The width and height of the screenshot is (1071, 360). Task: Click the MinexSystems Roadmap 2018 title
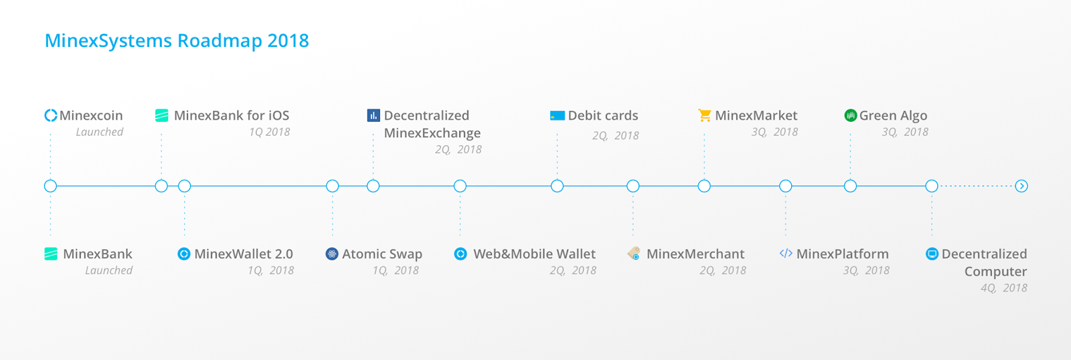[177, 41]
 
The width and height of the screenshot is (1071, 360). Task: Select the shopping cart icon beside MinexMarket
[704, 115]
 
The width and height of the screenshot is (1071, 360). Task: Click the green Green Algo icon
[851, 115]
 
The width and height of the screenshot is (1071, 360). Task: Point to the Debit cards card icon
[558, 116]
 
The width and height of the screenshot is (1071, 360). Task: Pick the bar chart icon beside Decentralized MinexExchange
[374, 115]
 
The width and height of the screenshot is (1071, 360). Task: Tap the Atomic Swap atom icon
[332, 254]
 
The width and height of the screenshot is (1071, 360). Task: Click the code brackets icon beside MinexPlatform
[786, 254]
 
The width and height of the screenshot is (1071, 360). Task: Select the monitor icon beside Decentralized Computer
[932, 254]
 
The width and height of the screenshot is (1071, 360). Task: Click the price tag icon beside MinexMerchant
[634, 254]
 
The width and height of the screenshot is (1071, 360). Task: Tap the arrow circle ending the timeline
[1021, 186]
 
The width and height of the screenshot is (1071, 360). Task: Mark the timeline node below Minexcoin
[50, 186]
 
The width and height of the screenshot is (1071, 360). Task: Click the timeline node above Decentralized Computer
[931, 186]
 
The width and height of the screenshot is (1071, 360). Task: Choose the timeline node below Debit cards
[557, 186]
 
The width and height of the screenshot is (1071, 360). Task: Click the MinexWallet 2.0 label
[244, 254]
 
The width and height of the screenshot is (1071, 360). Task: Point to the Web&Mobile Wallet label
[534, 254]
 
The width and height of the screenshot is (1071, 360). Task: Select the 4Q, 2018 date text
[1003, 288]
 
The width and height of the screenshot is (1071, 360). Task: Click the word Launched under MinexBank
[108, 270]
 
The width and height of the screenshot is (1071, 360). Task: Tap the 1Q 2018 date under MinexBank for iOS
[269, 132]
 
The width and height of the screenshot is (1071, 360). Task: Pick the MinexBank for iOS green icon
[161, 115]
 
